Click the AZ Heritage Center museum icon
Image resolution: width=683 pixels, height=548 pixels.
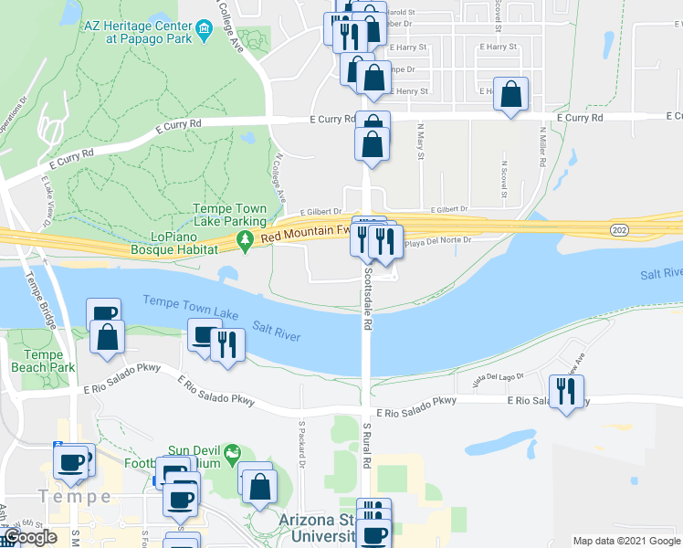(x=204, y=29)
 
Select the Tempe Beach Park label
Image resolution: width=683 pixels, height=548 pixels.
(x=43, y=361)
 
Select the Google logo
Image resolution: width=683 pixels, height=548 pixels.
(x=30, y=537)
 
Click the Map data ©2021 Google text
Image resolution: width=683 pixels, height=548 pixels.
(x=625, y=541)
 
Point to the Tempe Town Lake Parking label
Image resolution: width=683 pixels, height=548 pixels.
(x=229, y=215)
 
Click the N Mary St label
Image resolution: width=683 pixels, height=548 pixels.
(x=421, y=142)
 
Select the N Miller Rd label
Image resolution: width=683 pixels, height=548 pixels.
(x=542, y=146)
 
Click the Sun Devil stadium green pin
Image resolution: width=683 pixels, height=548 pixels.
(x=232, y=452)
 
